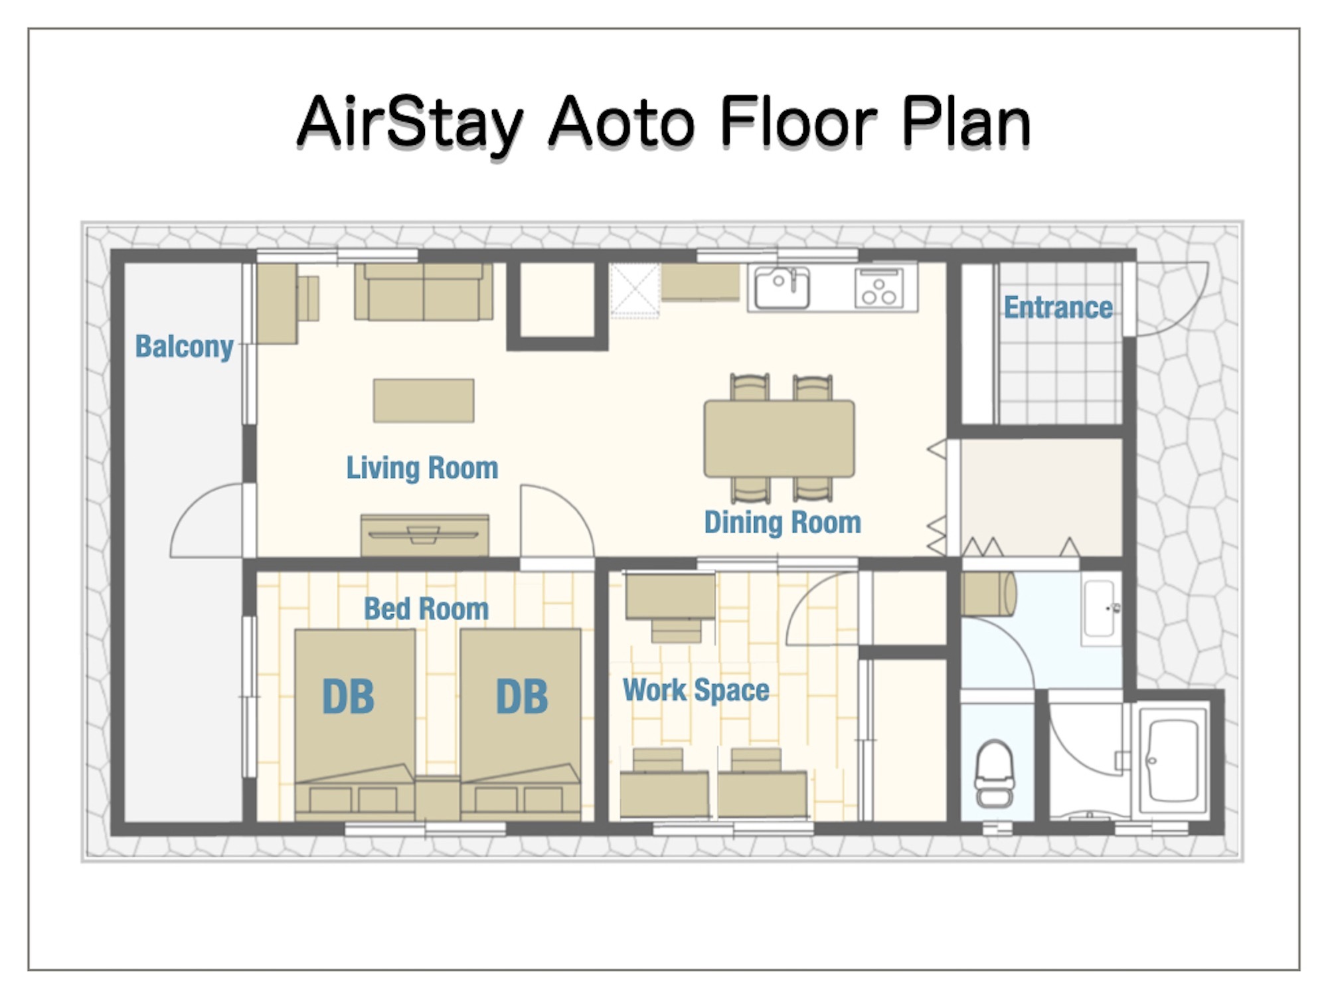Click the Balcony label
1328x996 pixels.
pyautogui.click(x=184, y=347)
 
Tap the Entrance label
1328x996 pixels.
pyautogui.click(x=1058, y=307)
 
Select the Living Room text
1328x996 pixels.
pyautogui.click(x=422, y=468)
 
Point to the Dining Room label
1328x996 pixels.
pyautogui.click(x=782, y=523)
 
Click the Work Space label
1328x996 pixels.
pyautogui.click(x=696, y=691)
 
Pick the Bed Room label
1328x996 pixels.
pyautogui.click(x=426, y=609)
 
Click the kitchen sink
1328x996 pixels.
pyautogui.click(x=782, y=288)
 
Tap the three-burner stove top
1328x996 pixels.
pyautogui.click(x=879, y=288)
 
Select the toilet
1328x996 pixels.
pyautogui.click(x=994, y=773)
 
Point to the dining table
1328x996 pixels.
pyautogui.click(x=780, y=438)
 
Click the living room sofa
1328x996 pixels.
pyautogui.click(x=424, y=291)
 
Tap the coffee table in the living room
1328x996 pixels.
pyautogui.click(x=424, y=400)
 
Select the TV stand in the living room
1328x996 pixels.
pyautogui.click(x=425, y=535)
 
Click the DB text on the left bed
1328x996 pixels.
pyautogui.click(x=348, y=697)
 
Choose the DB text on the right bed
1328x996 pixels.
pyautogui.click(x=522, y=697)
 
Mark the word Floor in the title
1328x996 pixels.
pyautogui.click(x=798, y=123)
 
